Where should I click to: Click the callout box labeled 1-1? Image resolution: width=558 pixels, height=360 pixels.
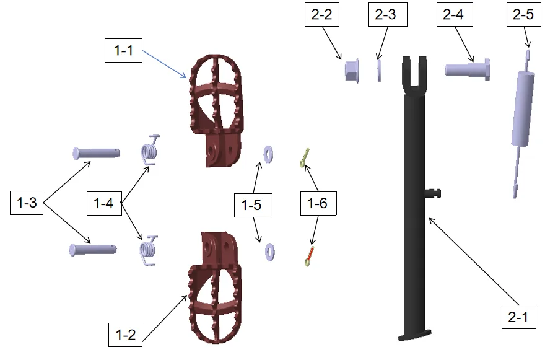pyautogui.click(x=123, y=50)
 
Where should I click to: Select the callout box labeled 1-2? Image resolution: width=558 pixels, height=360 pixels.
pyautogui.click(x=125, y=335)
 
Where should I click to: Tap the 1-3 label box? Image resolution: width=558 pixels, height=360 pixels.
pyautogui.click(x=27, y=203)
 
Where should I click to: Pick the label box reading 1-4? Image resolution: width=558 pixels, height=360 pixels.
pyautogui.click(x=104, y=203)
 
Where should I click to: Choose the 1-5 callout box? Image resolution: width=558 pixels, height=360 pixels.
pyautogui.click(x=253, y=205)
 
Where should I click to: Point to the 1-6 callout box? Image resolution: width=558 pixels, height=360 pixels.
pyautogui.click(x=318, y=203)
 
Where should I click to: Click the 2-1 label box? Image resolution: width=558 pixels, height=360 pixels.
pyautogui.click(x=518, y=317)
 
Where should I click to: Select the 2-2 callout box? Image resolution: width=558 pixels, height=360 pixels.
pyautogui.click(x=322, y=15)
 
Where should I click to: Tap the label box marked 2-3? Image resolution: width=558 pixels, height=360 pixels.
pyautogui.click(x=388, y=15)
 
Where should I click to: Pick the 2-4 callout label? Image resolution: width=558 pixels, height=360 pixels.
pyautogui.click(x=455, y=15)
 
